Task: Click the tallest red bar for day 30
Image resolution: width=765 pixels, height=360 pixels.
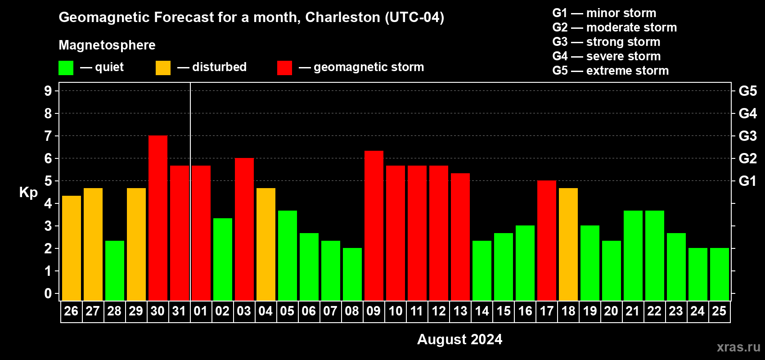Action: (158, 218)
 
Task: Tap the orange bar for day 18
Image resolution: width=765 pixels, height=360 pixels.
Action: (568, 244)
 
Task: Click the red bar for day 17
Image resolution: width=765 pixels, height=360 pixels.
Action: (547, 241)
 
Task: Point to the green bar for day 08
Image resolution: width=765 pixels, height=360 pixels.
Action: (352, 274)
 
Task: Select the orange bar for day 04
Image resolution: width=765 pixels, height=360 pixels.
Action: (266, 244)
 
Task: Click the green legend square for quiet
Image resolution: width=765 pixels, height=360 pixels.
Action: (66, 68)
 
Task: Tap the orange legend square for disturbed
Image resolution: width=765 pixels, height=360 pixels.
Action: (163, 68)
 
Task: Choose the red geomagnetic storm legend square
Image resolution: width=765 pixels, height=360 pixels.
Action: (284, 68)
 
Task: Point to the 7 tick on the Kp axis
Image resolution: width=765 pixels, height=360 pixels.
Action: (48, 136)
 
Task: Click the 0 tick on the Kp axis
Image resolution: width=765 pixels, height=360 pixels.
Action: (48, 294)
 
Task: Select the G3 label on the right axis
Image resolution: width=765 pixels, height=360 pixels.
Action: (747, 136)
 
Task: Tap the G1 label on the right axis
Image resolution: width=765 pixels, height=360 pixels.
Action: (747, 181)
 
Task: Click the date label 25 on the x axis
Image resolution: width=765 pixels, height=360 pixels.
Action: (719, 311)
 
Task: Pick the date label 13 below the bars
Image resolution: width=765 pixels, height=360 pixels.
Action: (460, 311)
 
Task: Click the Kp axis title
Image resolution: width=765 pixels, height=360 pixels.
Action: (28, 193)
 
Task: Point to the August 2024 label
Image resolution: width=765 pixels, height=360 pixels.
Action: (459, 339)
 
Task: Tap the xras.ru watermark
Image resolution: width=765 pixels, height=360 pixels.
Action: (738, 347)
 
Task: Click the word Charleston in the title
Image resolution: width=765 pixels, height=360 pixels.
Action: (342, 17)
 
